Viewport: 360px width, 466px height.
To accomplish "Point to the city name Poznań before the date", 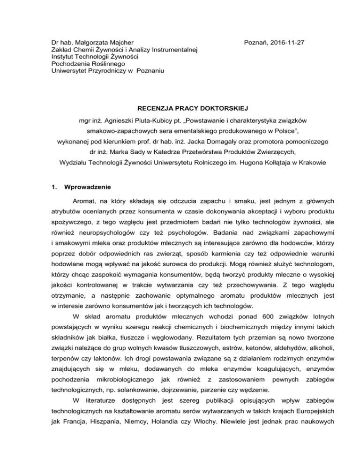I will coord(255,42).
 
